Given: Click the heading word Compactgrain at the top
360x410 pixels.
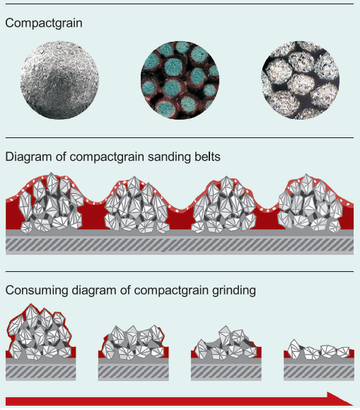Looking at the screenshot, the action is click(x=44, y=23).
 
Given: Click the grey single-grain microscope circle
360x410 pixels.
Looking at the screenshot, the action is click(x=59, y=80).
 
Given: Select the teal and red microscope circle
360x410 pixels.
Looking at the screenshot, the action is click(x=180, y=80).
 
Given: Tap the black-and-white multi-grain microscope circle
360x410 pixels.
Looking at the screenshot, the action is click(x=300, y=80).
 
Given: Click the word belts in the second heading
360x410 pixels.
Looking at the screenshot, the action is click(x=207, y=157).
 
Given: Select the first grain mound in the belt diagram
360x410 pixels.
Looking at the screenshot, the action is click(x=51, y=203).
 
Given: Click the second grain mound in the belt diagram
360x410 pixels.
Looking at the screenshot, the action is click(x=137, y=205).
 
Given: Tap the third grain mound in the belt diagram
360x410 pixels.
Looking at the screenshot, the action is click(x=224, y=205).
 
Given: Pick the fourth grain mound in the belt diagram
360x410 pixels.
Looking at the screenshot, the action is click(x=310, y=203).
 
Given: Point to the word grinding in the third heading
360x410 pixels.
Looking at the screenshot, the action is click(x=234, y=291).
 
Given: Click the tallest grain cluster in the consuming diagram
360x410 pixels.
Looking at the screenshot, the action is click(x=40, y=331).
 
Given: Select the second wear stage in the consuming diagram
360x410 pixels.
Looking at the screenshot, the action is click(x=133, y=342).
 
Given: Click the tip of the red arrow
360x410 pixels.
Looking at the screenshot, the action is click(x=353, y=401).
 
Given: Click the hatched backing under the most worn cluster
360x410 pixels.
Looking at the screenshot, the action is click(x=319, y=372).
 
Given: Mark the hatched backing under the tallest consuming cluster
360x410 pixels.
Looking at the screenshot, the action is click(x=41, y=372).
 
